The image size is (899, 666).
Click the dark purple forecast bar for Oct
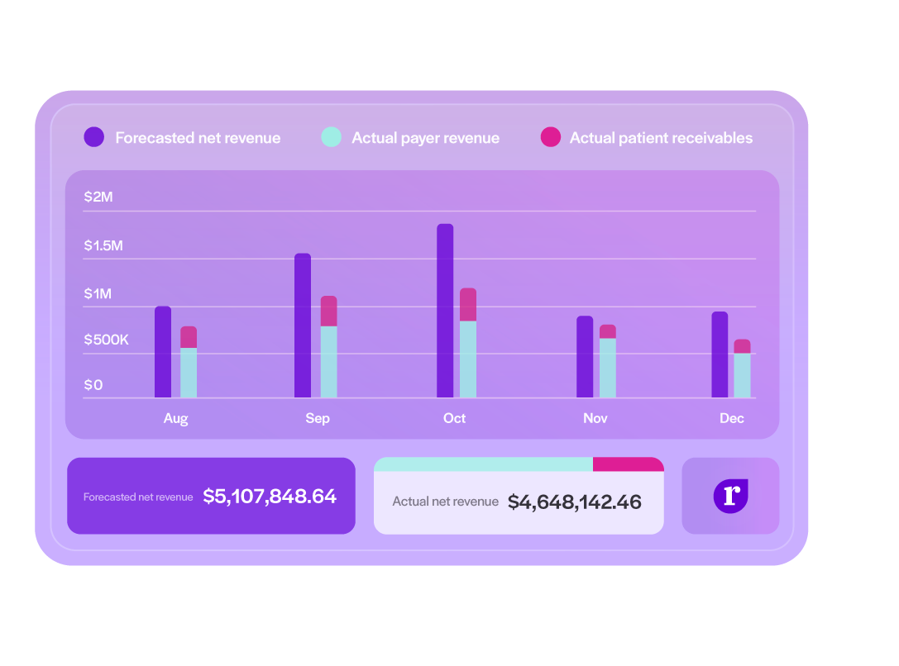(x=445, y=311)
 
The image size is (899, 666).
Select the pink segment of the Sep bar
(x=328, y=312)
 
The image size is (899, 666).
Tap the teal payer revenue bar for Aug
(x=189, y=373)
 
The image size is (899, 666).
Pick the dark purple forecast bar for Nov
(x=585, y=357)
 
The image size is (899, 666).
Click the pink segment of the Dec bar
(x=742, y=346)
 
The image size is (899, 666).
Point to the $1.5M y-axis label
(x=103, y=245)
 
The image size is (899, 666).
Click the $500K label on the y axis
(x=106, y=340)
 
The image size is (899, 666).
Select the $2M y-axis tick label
(x=98, y=197)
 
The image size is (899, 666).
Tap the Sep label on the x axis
(x=318, y=418)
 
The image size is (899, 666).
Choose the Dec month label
(x=732, y=418)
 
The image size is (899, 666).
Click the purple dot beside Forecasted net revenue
(x=94, y=137)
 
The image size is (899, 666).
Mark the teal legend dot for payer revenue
(x=331, y=137)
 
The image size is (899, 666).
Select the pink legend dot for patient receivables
(x=550, y=137)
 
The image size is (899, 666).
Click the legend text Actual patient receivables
(x=661, y=138)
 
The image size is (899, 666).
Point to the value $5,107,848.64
(x=270, y=497)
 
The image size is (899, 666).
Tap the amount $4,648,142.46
(x=574, y=502)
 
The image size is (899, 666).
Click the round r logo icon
(x=730, y=496)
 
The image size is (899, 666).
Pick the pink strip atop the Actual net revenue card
(x=628, y=464)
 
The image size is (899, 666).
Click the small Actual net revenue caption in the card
(x=445, y=502)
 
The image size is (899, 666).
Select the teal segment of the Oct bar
(x=468, y=359)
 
